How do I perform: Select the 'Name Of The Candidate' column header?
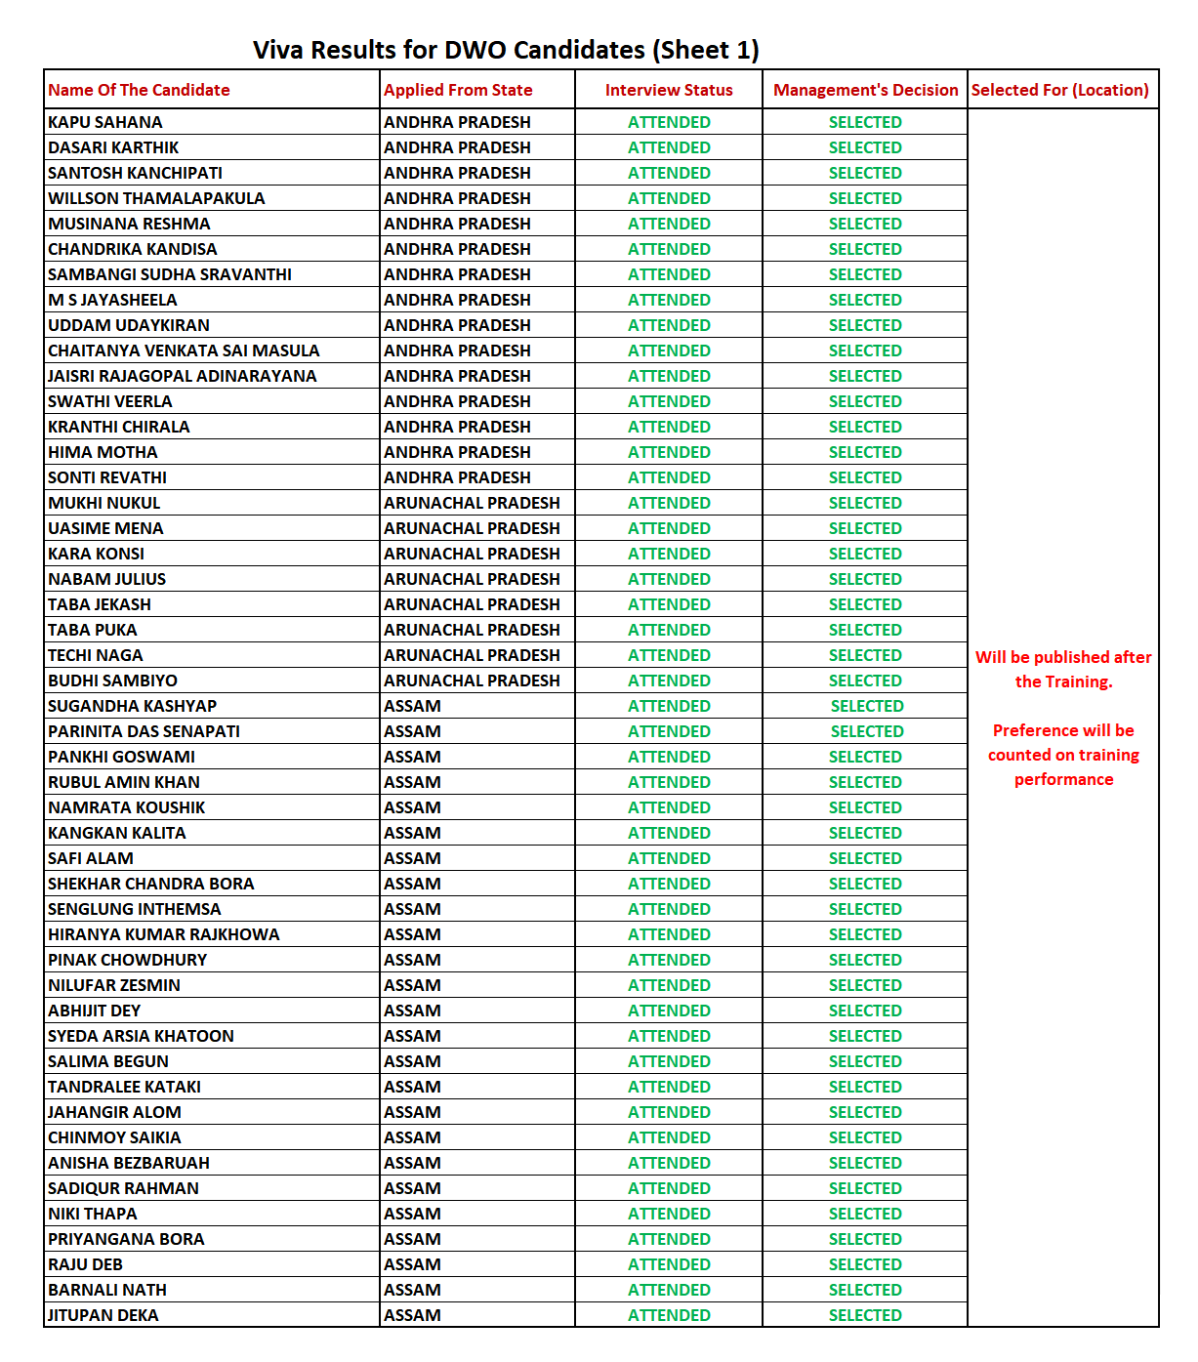coord(139,90)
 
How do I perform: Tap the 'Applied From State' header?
coord(458,90)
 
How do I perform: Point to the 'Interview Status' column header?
coord(669,90)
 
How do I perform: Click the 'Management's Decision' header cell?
coord(865,90)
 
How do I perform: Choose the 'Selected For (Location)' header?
coord(1059,90)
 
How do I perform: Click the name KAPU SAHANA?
coord(105,122)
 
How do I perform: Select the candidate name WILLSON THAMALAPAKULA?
coord(156,198)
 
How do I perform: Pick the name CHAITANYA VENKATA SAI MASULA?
coord(184,351)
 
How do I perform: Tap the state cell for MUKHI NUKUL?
coord(472,503)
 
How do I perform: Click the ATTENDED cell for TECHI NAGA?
coord(669,655)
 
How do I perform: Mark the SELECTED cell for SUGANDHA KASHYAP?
coord(867,706)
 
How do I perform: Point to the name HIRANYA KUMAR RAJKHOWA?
coord(163,934)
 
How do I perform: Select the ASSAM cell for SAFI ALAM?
coord(412,858)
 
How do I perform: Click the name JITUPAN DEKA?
coord(103,1315)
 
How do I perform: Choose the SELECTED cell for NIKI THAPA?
coord(865,1214)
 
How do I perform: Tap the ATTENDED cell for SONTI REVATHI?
coord(669,477)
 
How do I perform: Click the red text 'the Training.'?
coord(1063,681)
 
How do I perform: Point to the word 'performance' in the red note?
coord(1063,779)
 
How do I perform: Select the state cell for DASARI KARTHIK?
coord(457,147)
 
